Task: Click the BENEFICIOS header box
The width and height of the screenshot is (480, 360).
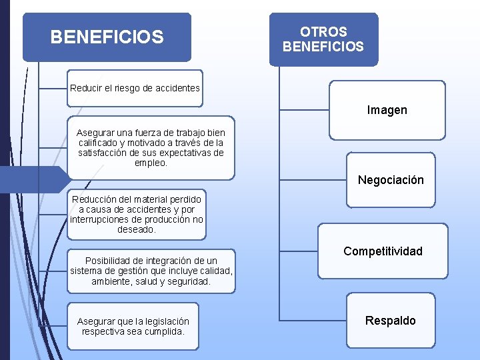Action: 107,37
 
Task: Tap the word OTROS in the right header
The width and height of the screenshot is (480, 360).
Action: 323,32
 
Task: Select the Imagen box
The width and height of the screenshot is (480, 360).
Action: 387,110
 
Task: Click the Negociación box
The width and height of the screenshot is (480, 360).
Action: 391,180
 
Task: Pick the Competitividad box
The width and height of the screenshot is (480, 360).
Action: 383,251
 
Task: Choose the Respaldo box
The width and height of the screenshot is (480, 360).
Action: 390,321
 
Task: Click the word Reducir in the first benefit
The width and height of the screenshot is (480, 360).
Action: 86,88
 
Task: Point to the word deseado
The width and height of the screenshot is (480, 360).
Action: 136,229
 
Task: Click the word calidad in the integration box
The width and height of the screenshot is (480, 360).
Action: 217,271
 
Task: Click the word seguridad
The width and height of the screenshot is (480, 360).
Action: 189,281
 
